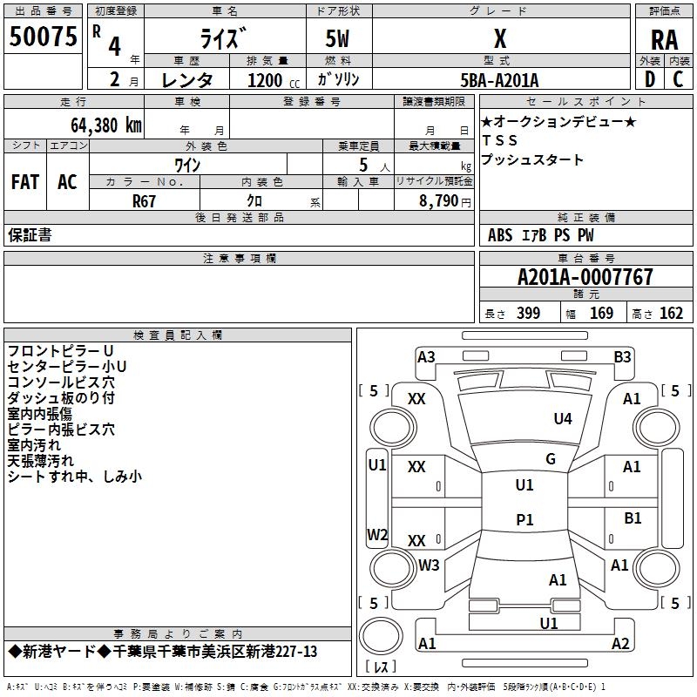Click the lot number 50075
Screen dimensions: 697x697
43,37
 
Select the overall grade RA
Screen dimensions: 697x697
664,40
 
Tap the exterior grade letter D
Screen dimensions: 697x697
650,79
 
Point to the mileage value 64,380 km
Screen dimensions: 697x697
106,125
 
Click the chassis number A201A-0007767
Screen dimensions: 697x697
585,277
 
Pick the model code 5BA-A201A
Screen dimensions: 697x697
499,80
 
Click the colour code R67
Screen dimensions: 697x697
144,201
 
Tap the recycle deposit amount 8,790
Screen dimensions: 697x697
439,200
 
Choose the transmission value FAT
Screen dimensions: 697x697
25,182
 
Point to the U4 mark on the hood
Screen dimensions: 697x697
563,418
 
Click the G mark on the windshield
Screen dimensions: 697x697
551,458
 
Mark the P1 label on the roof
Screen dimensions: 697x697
524,519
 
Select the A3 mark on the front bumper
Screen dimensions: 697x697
426,356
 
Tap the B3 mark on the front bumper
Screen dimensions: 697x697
622,356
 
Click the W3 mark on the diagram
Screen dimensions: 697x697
429,565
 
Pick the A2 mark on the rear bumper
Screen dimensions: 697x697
620,643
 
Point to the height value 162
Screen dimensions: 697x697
671,313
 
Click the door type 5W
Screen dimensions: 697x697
337,38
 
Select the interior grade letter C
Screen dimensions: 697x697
678,79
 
